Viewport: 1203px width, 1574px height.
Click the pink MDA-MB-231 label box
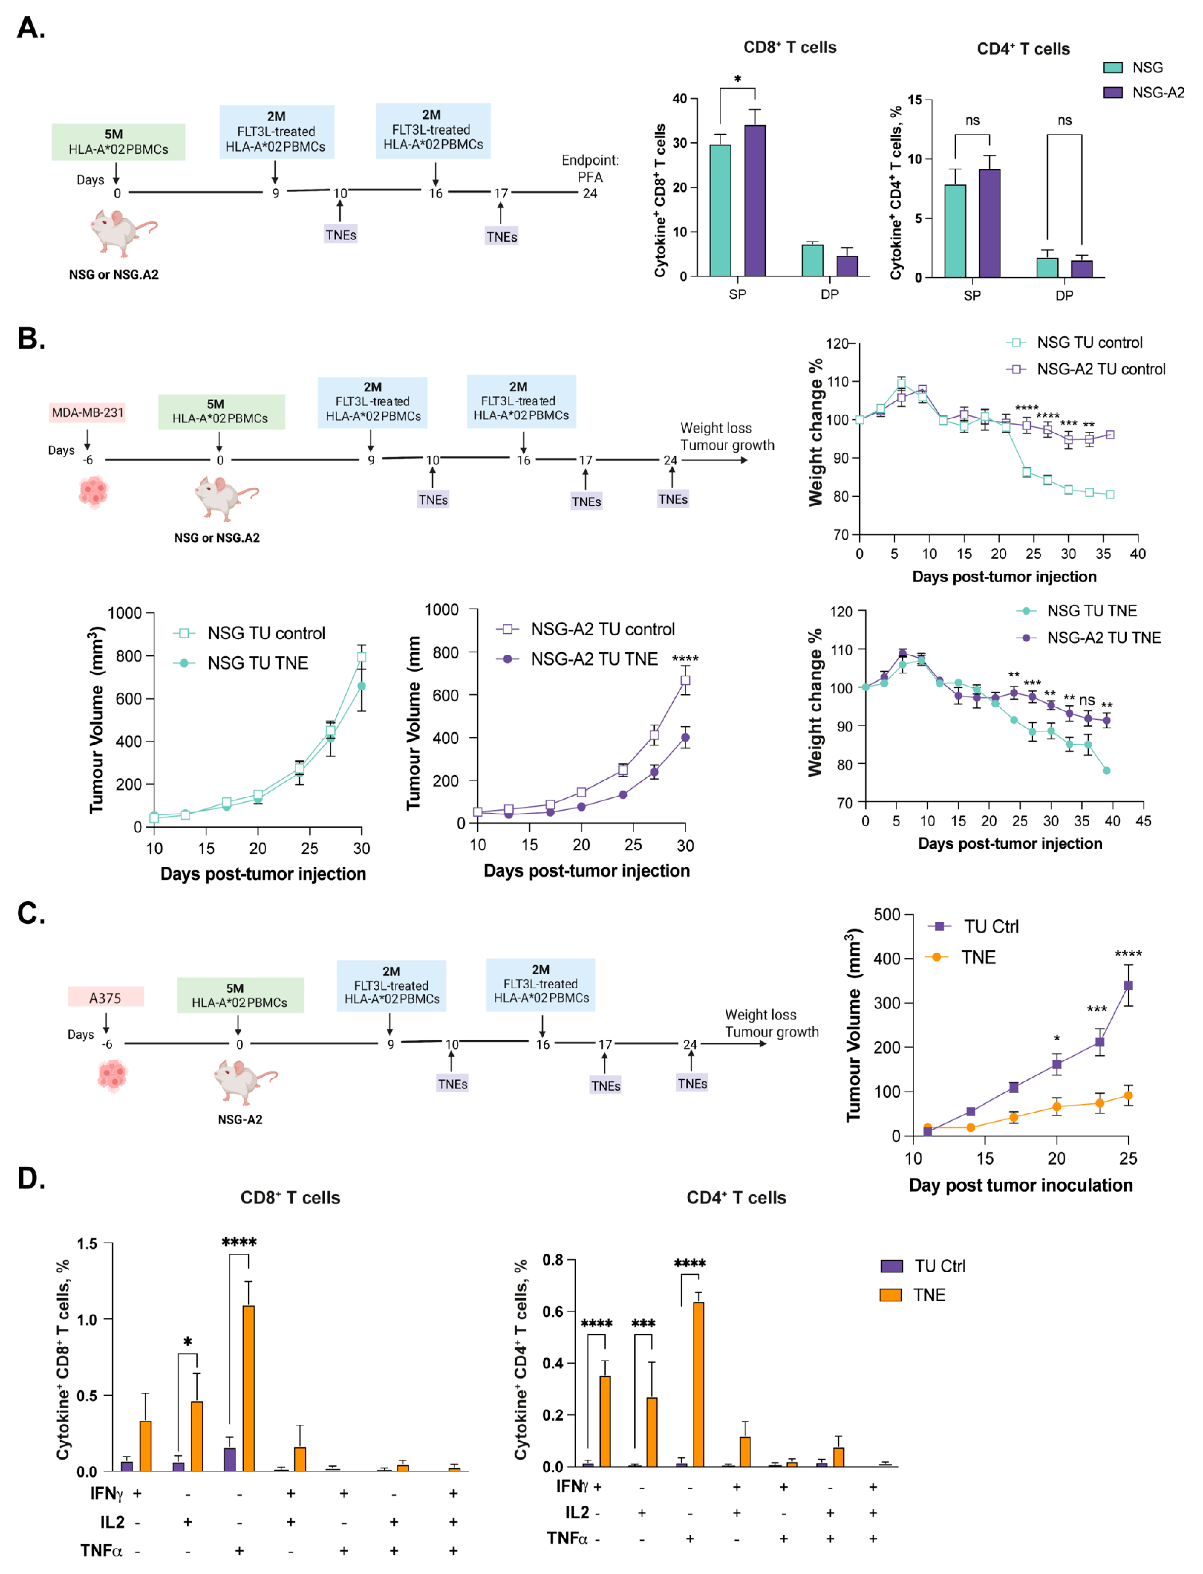tap(87, 412)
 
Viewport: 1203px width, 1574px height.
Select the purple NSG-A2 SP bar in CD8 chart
tap(755, 201)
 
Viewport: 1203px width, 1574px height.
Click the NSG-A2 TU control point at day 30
tap(685, 680)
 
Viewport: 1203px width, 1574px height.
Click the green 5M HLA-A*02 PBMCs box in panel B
tap(221, 412)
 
